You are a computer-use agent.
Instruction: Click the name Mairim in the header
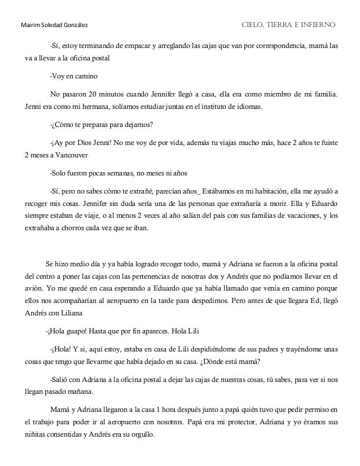click(x=29, y=25)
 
